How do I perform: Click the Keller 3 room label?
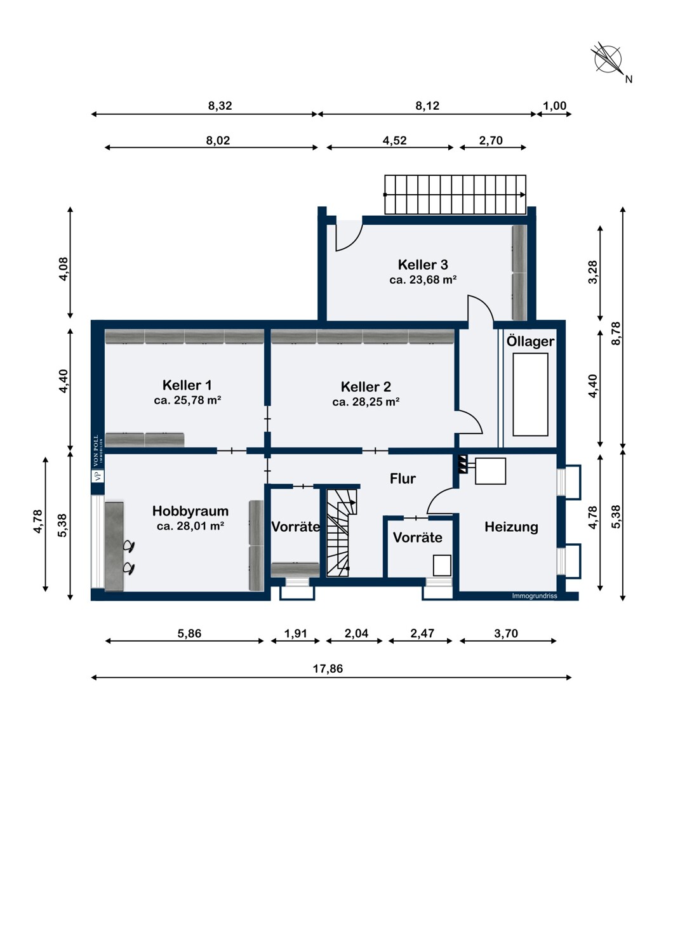click(x=423, y=265)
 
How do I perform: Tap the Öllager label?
click(x=530, y=341)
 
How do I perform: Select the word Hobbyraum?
click(x=190, y=511)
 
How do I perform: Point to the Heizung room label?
click(x=511, y=527)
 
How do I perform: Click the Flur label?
click(x=403, y=479)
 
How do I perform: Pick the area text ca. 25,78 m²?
click(x=187, y=400)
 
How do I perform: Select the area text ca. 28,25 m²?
click(x=366, y=402)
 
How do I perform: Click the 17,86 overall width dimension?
click(x=328, y=668)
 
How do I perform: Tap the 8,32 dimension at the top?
click(x=220, y=106)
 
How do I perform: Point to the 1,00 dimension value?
click(x=555, y=105)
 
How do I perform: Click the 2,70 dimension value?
click(x=491, y=140)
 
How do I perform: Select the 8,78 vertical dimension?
click(x=616, y=334)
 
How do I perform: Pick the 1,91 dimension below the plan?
click(x=295, y=633)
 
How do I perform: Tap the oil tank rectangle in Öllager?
click(x=530, y=395)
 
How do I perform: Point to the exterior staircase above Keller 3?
click(x=455, y=194)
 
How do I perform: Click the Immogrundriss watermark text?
click(x=535, y=597)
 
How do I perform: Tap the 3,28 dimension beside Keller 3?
click(x=592, y=272)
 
